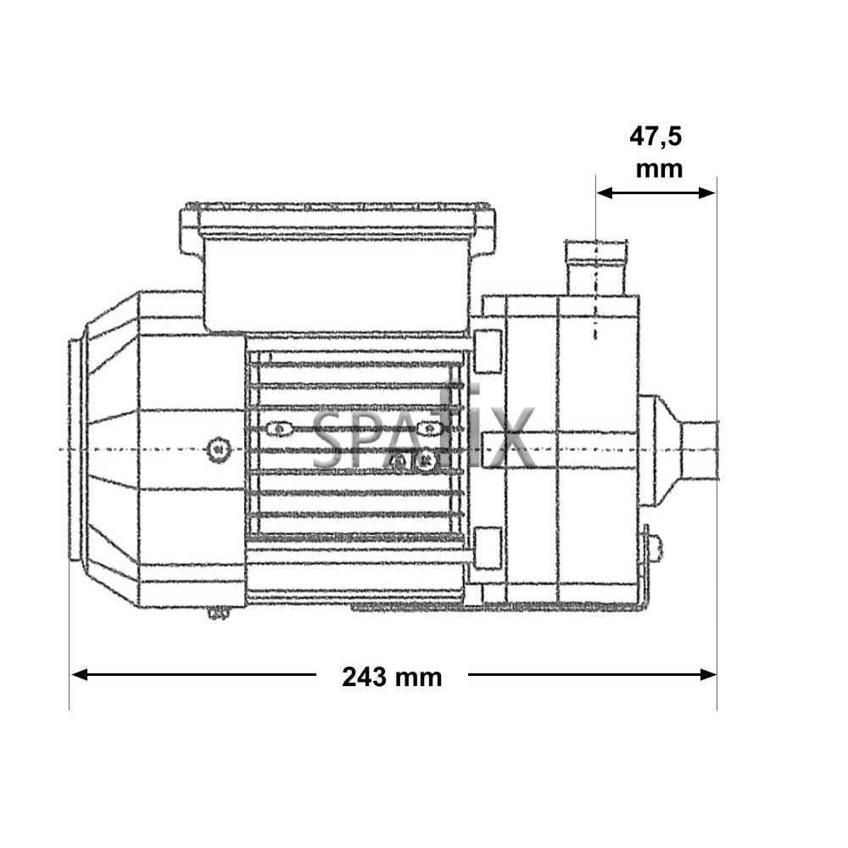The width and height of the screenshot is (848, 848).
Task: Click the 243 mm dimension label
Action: (392, 677)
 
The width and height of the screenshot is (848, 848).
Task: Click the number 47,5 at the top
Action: (656, 137)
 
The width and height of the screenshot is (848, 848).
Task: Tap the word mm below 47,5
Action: (659, 169)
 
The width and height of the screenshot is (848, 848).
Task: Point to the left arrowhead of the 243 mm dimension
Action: (80, 674)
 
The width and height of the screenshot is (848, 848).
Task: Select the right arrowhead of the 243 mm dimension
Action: (708, 674)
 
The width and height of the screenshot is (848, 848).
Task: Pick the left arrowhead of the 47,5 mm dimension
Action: (605, 192)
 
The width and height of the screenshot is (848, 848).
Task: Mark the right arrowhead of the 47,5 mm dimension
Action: (707, 192)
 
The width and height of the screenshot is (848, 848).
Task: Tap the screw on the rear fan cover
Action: (219, 449)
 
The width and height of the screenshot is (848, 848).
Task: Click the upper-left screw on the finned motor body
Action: (279, 429)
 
